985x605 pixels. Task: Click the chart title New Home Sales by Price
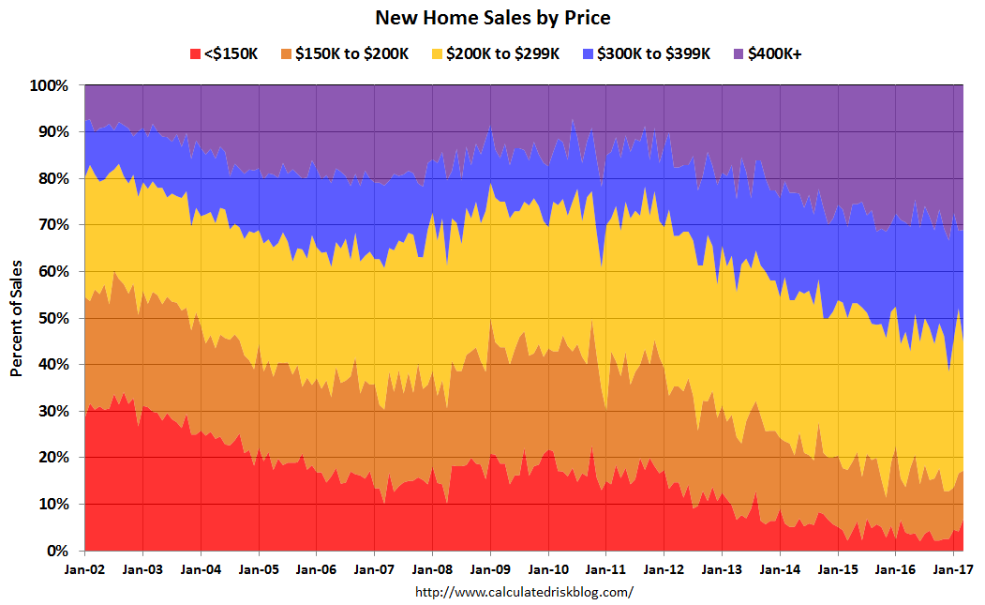[x=492, y=17]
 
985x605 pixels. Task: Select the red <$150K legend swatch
[x=196, y=53]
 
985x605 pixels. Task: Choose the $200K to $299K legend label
[x=503, y=53]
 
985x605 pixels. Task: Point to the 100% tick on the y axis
[x=51, y=85]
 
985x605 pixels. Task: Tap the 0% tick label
[x=58, y=551]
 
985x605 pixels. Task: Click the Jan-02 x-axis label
[x=84, y=568]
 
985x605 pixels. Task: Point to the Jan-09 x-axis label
[x=490, y=568]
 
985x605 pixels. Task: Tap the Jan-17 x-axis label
[x=953, y=568]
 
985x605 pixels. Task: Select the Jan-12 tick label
[x=664, y=568]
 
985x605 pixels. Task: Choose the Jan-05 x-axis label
[x=259, y=568]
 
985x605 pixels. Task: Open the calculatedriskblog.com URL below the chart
[x=523, y=592]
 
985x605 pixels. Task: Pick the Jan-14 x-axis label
[x=780, y=568]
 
